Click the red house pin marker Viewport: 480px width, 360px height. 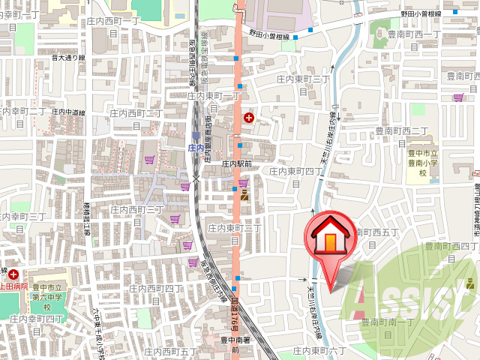click(x=329, y=240)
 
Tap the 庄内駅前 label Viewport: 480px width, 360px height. click(x=240, y=162)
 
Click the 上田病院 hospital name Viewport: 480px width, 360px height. click(x=13, y=285)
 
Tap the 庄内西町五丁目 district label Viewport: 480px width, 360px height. click(x=171, y=350)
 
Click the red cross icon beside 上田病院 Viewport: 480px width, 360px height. click(x=13, y=275)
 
